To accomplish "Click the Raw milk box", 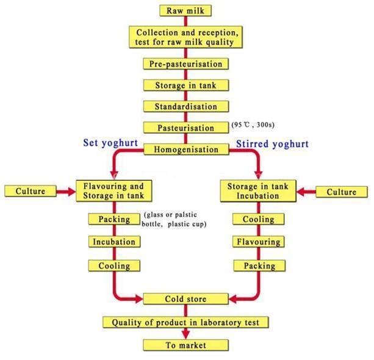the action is click(185, 11).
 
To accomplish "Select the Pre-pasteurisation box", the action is click(186, 64).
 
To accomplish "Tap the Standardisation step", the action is click(186, 106).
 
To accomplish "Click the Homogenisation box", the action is click(186, 149).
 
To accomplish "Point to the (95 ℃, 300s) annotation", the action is click(253, 124).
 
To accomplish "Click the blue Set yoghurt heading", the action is click(110, 143).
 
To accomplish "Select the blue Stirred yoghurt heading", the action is click(272, 144).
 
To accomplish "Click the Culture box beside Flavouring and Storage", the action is click(31, 191).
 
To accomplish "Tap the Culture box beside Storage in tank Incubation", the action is click(342, 192).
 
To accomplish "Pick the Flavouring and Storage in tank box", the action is click(113, 191).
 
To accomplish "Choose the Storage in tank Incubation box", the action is click(258, 191).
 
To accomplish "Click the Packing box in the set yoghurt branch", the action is click(114, 219).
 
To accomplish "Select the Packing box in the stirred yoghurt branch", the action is click(259, 265).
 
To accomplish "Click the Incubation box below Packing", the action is click(114, 242).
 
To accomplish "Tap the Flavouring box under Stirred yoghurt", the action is click(259, 242).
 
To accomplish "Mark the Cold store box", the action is click(186, 299).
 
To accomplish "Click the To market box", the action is click(186, 345).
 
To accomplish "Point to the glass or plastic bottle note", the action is click(174, 220).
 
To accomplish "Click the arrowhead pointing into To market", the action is click(186, 334).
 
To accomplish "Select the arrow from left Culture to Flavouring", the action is click(66, 192).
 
